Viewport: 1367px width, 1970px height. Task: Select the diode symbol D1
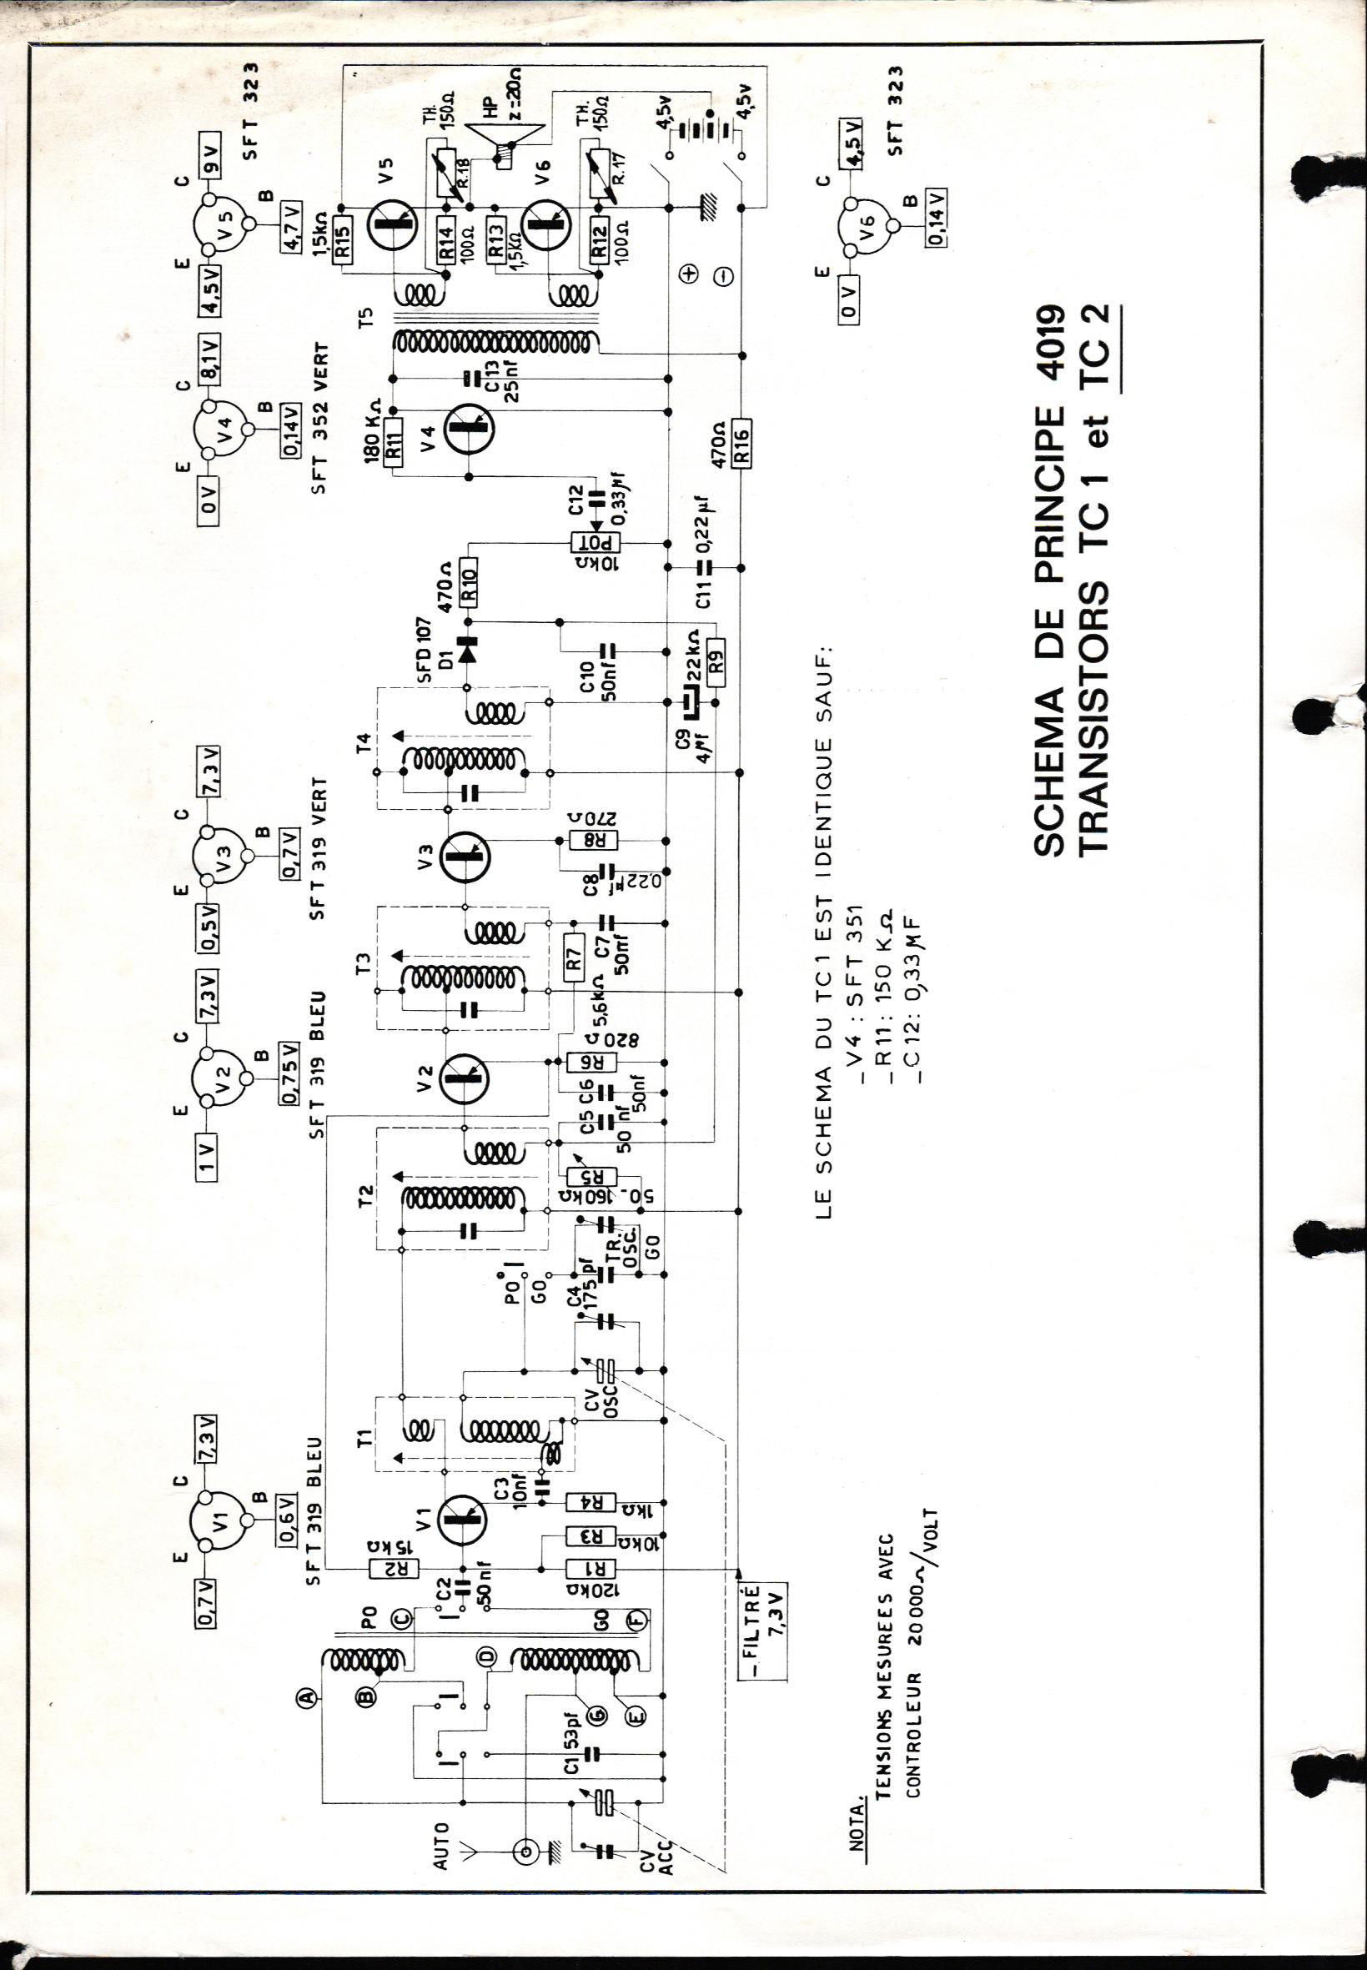468,650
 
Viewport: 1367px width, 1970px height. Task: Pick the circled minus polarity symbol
723,276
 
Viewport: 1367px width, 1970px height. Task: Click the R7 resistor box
572,965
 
